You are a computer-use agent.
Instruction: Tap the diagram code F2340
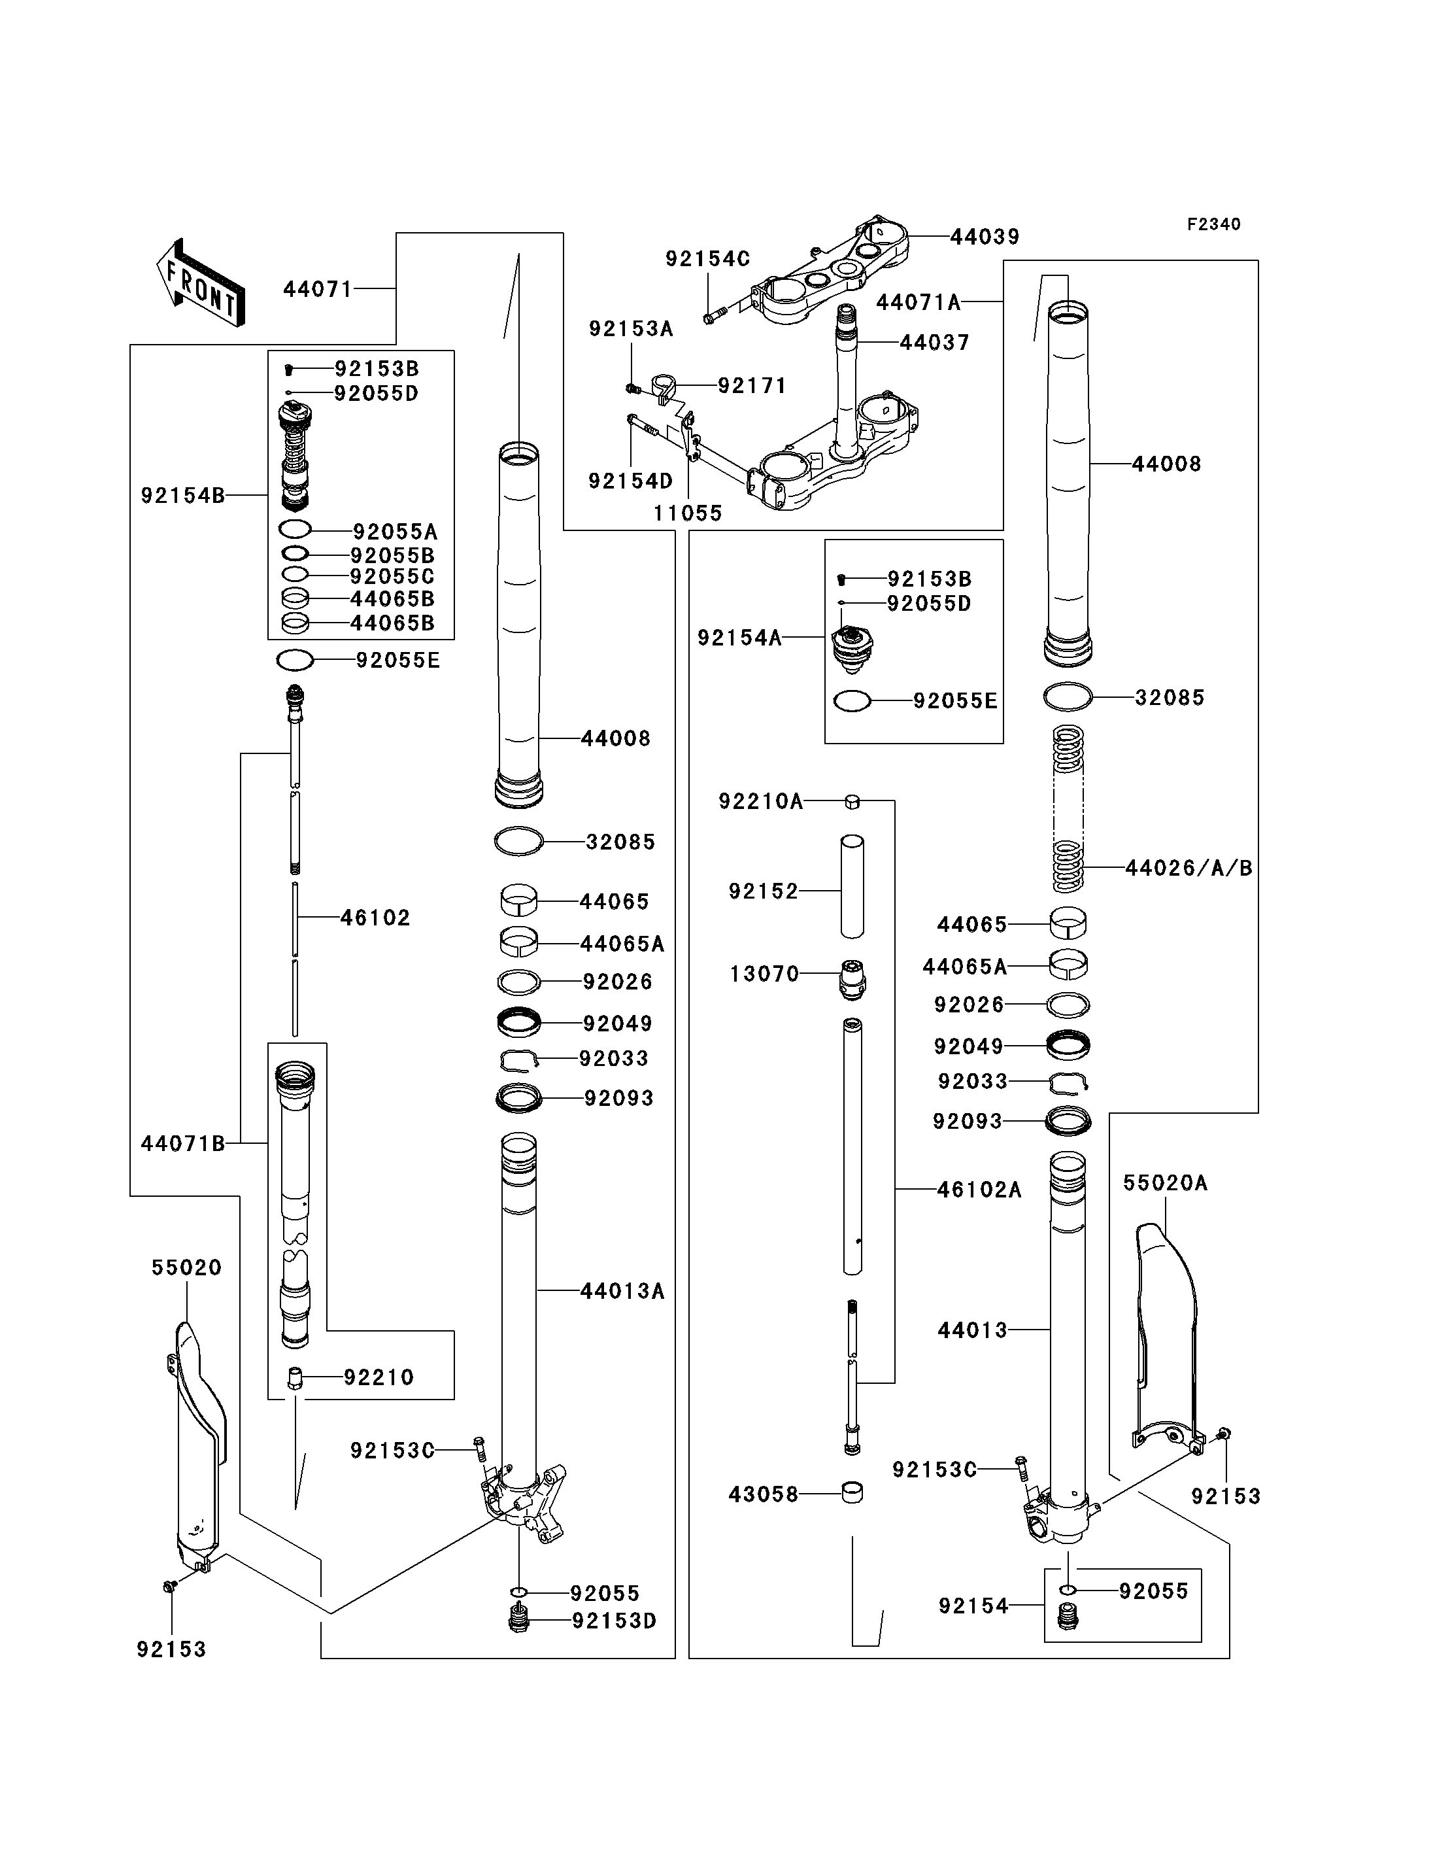1214,224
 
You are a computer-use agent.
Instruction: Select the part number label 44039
985,237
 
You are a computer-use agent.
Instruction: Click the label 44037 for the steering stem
935,343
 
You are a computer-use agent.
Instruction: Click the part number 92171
752,386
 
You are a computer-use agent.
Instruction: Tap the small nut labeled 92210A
852,801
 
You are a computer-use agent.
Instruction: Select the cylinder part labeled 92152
852,887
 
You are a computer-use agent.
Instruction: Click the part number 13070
764,974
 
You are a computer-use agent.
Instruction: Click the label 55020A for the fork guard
1165,1183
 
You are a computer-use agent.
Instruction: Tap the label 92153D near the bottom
614,1621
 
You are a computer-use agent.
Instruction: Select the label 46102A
979,1190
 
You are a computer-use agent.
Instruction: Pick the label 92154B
182,495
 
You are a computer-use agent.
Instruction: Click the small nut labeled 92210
295,1377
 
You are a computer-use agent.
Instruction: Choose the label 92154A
739,638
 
